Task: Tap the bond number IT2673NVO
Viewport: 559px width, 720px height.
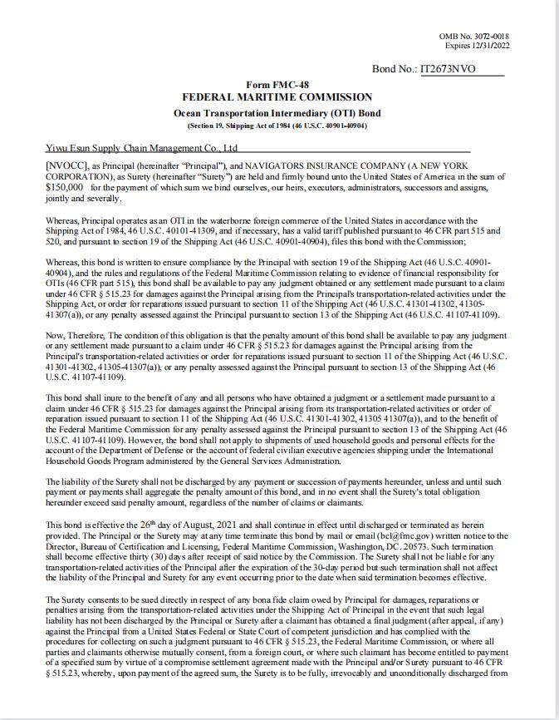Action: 449,69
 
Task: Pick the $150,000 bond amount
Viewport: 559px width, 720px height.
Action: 65,188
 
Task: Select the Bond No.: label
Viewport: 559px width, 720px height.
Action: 395,69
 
